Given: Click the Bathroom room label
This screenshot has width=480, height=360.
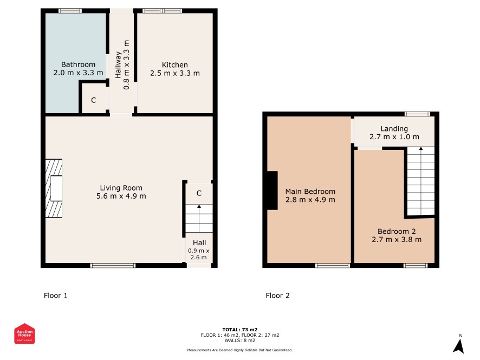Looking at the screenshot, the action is tap(78, 64).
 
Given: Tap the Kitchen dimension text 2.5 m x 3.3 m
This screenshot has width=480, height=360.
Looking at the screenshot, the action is tap(175, 73).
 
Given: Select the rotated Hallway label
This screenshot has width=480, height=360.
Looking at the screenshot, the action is tap(118, 64).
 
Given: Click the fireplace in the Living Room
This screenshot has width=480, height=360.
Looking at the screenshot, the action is tap(54, 188).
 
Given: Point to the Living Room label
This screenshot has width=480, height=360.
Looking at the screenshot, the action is tap(121, 188).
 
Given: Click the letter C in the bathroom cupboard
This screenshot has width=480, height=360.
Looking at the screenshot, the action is tap(94, 100).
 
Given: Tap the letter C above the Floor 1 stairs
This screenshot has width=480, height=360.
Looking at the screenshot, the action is tap(199, 193).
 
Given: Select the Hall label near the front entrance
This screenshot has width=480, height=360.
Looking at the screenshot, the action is tap(199, 243).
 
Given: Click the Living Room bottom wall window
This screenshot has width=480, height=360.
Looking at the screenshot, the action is tap(113, 265).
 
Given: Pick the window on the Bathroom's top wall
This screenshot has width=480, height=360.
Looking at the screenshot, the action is tap(70, 11).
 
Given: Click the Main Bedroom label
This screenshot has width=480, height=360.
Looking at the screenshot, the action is tap(310, 192).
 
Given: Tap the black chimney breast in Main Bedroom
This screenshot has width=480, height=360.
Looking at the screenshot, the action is tap(273, 191).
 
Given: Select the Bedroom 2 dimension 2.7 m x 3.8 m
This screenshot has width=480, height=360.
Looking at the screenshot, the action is tap(397, 239).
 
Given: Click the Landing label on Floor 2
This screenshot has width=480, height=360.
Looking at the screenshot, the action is tap(394, 129).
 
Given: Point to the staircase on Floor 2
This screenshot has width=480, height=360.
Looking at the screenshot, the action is tap(421, 181).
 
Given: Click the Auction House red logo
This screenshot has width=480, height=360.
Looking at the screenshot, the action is tap(24, 333).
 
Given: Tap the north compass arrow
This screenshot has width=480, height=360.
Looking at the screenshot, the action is tap(458, 346).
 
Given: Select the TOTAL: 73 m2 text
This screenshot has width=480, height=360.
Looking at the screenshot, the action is tap(240, 330).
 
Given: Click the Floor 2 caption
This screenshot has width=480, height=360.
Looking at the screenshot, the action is tap(278, 296).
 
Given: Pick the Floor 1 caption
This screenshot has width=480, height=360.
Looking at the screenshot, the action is tap(56, 296).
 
